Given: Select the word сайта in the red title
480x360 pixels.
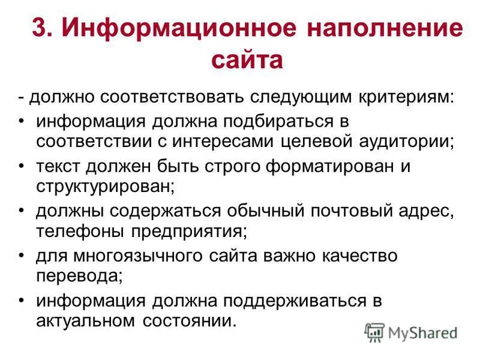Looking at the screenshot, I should click(x=247, y=61).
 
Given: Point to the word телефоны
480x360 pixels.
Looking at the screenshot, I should click(x=75, y=232).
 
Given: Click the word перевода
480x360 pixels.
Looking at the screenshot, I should click(x=79, y=276).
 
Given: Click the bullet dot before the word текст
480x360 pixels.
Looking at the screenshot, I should click(x=22, y=166).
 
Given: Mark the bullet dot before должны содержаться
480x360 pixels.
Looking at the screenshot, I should click(x=22, y=211).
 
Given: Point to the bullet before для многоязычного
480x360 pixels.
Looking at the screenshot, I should click(x=22, y=256).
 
